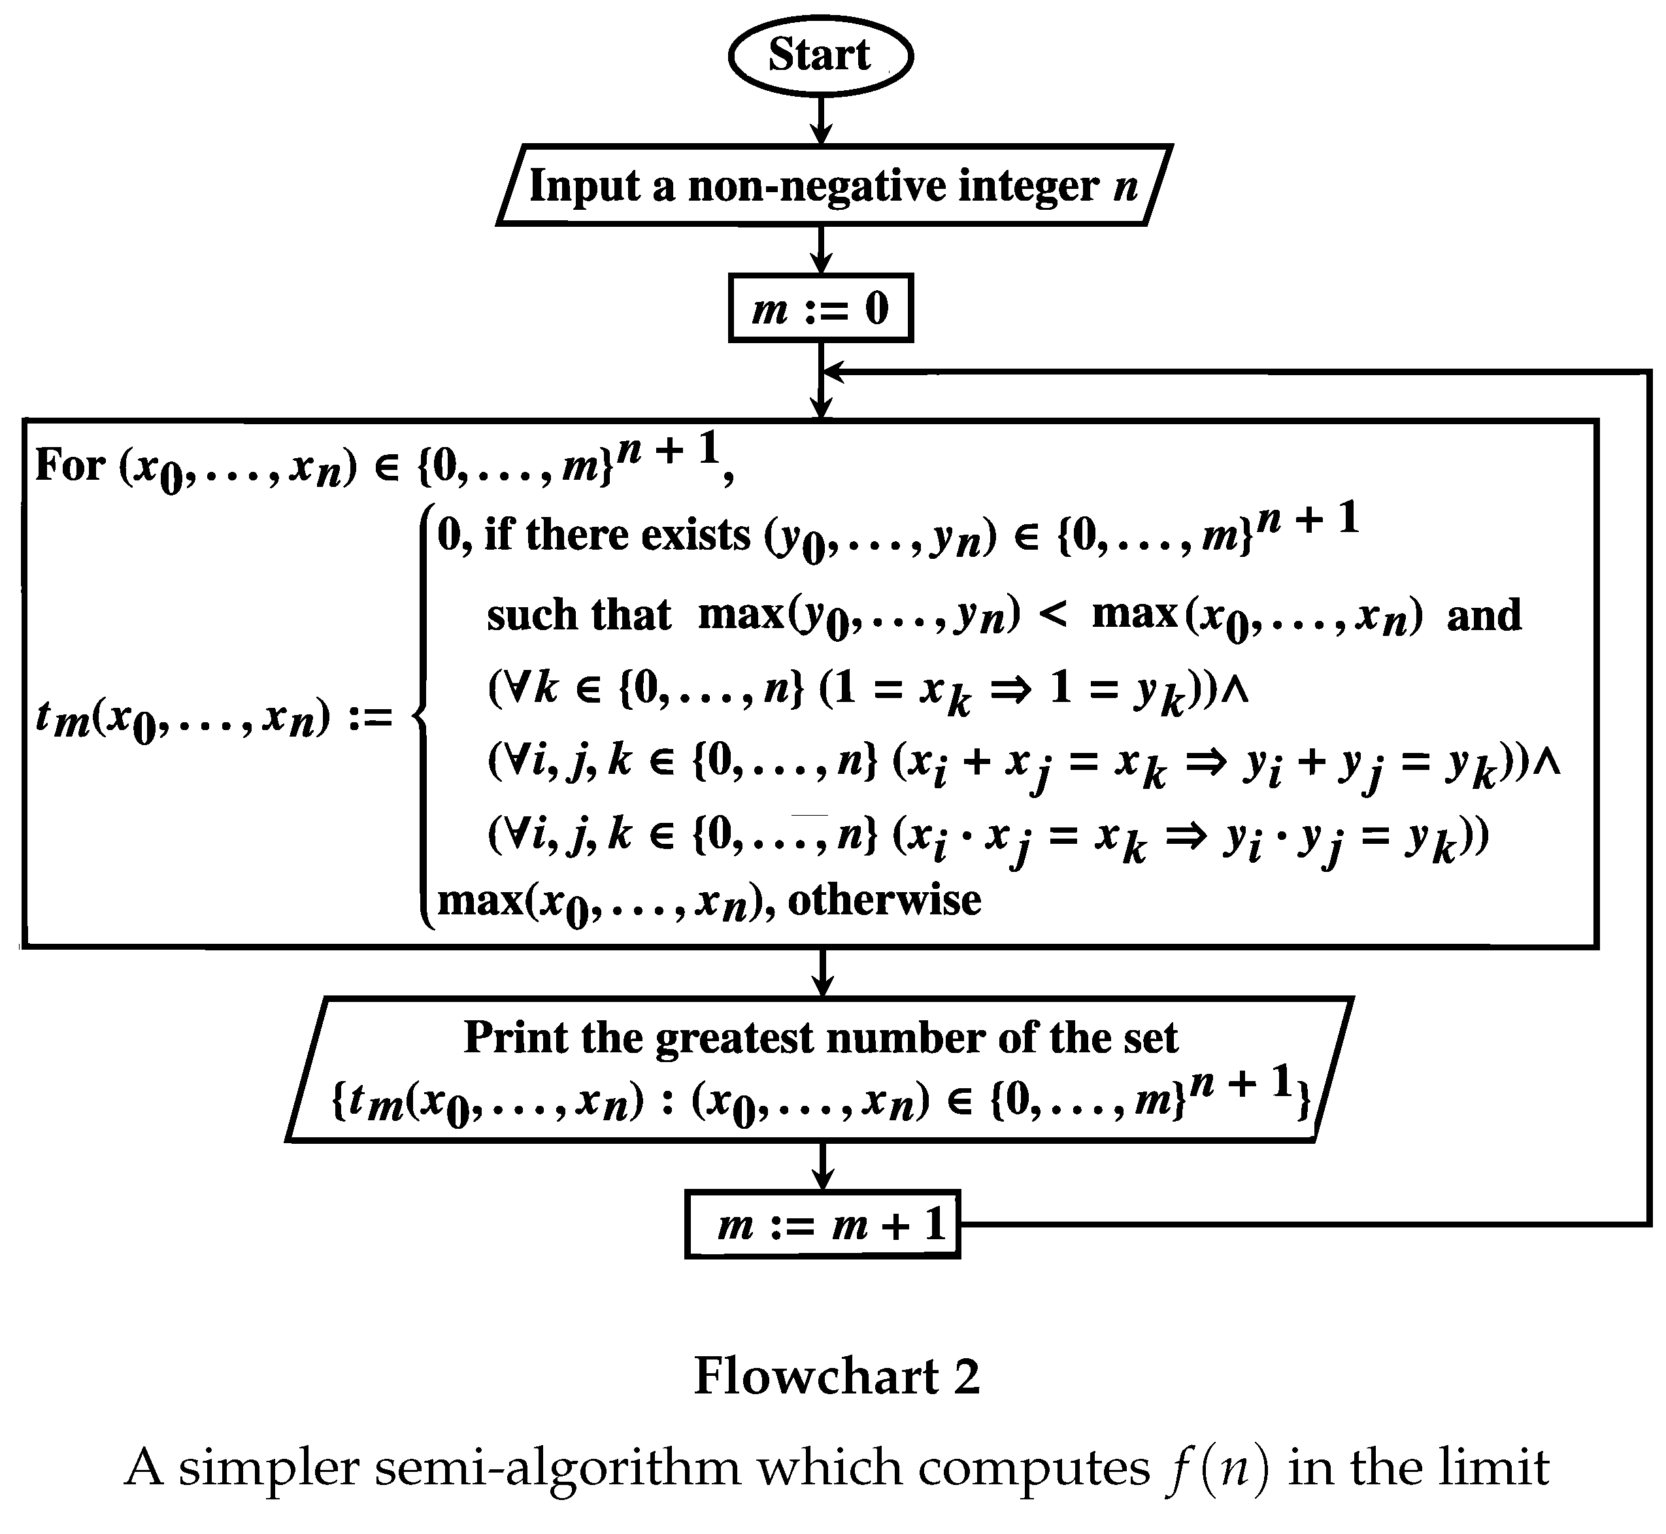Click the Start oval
coord(820,56)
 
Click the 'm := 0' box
coord(820,308)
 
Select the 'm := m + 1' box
coord(822,1224)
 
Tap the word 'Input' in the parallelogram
coord(584,185)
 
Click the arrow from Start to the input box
coord(820,120)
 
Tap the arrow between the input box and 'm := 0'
coord(820,249)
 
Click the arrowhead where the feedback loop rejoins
coord(833,372)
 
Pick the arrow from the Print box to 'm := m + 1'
coord(822,1165)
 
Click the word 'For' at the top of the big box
coord(70,465)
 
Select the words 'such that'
coord(578,615)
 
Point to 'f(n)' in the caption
coord(1212,1467)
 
